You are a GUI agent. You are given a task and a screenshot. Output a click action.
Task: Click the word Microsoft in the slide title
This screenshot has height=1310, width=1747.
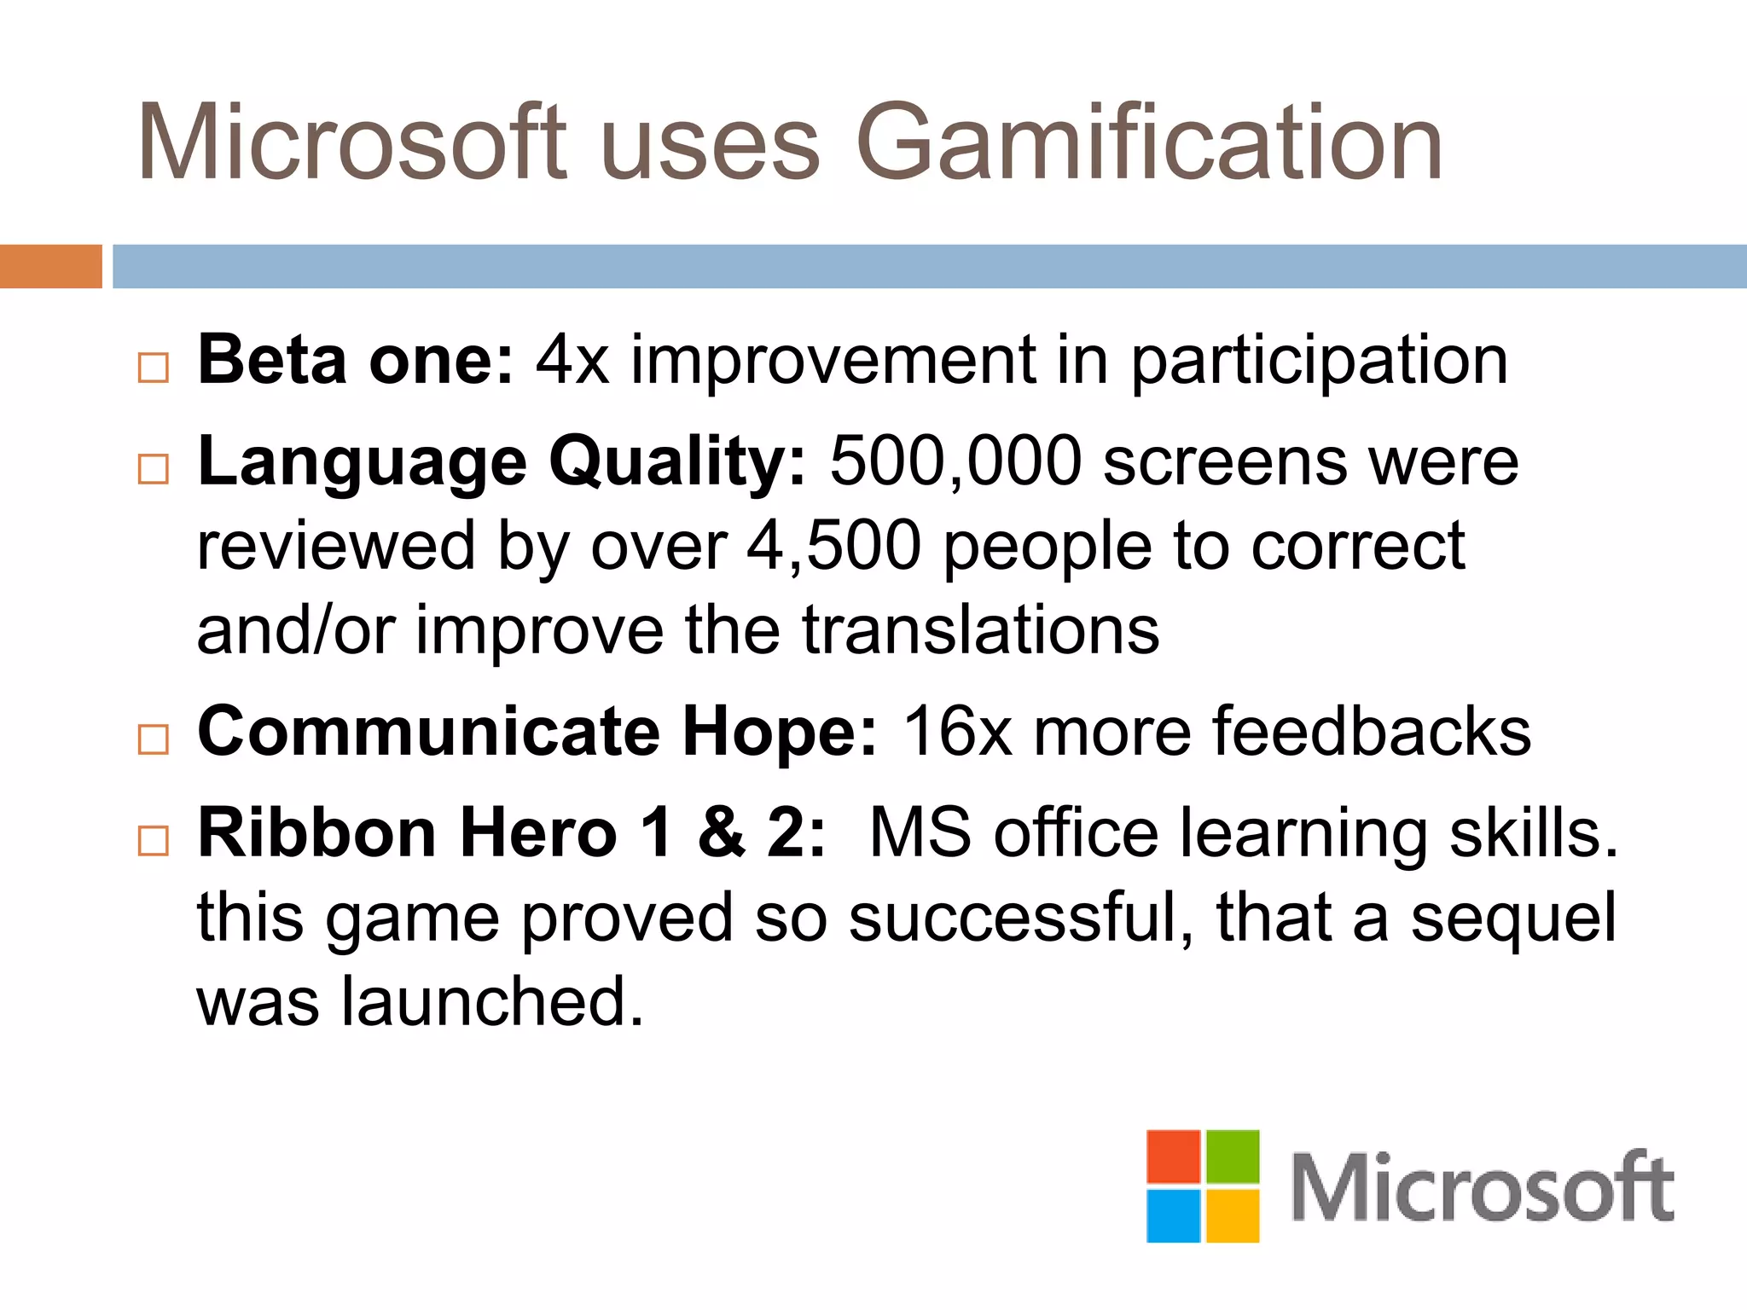tap(351, 142)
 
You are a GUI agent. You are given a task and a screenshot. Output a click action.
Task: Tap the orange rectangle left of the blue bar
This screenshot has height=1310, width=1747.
tap(50, 266)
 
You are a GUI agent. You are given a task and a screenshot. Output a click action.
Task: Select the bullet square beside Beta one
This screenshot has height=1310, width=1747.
tap(154, 368)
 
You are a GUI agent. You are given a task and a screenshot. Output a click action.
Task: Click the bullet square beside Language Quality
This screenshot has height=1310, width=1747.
tap(154, 468)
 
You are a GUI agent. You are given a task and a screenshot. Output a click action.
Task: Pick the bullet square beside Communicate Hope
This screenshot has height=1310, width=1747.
tap(154, 739)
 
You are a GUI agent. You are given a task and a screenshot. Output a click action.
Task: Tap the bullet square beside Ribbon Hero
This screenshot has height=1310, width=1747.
tap(154, 840)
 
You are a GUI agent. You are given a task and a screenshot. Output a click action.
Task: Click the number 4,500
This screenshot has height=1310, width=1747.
tap(833, 545)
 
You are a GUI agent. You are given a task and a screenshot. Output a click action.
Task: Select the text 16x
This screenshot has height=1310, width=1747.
tap(957, 732)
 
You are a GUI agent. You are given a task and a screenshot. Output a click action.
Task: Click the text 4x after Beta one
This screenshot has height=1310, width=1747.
tap(572, 361)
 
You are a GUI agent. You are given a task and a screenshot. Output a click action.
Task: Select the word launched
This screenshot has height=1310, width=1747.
tap(492, 1001)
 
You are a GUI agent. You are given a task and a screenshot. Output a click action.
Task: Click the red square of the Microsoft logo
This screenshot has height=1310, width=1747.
tap(1173, 1156)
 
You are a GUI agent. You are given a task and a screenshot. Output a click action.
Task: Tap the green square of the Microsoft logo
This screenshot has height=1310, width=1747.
tap(1232, 1156)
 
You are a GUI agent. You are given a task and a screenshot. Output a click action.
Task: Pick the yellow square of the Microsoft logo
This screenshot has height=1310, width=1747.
tap(1232, 1215)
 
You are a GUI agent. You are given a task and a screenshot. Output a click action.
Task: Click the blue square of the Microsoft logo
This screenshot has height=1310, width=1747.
tap(1173, 1215)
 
